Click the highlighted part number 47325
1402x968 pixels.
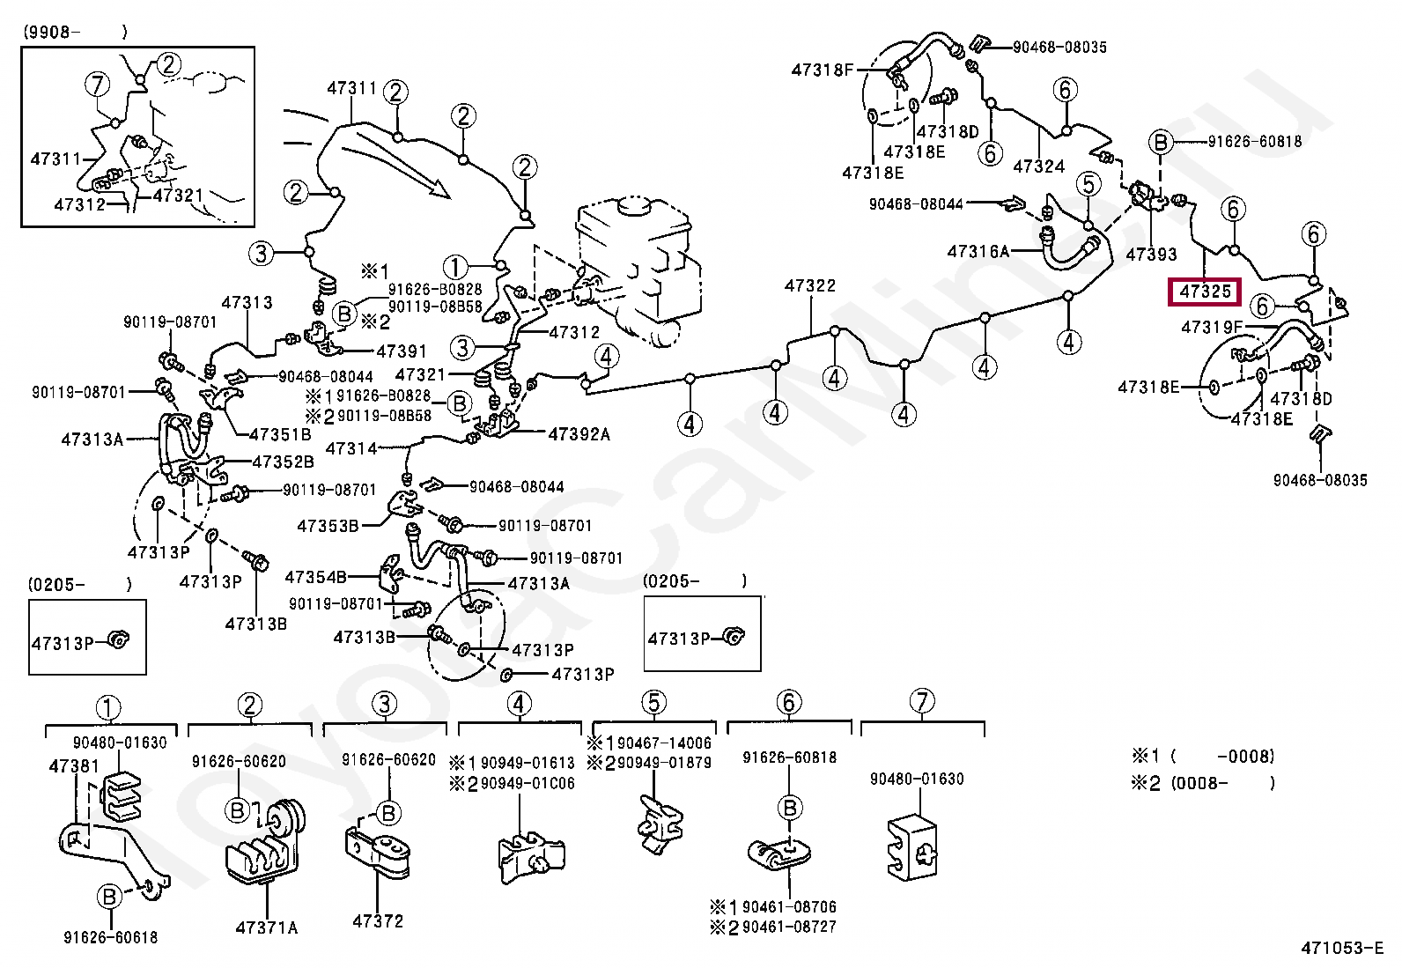[x=1203, y=291]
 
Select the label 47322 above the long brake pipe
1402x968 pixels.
[x=810, y=285]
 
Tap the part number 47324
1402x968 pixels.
[x=1038, y=166]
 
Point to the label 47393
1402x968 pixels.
[x=1151, y=255]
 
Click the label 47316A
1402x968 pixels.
[x=978, y=251]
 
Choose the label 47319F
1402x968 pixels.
[x=1212, y=328]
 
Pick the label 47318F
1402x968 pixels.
[x=823, y=70]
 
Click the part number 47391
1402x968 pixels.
[x=402, y=351]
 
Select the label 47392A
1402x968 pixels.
[x=579, y=434]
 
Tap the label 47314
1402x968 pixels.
[x=351, y=448]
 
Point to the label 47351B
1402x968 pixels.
[x=281, y=434]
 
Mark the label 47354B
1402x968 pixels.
[x=316, y=577]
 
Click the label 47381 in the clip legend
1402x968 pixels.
[x=74, y=765]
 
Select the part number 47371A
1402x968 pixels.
[x=266, y=927]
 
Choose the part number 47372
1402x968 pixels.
[x=378, y=921]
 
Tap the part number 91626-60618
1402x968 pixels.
[x=110, y=938]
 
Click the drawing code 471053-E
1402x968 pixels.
[x=1342, y=949]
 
